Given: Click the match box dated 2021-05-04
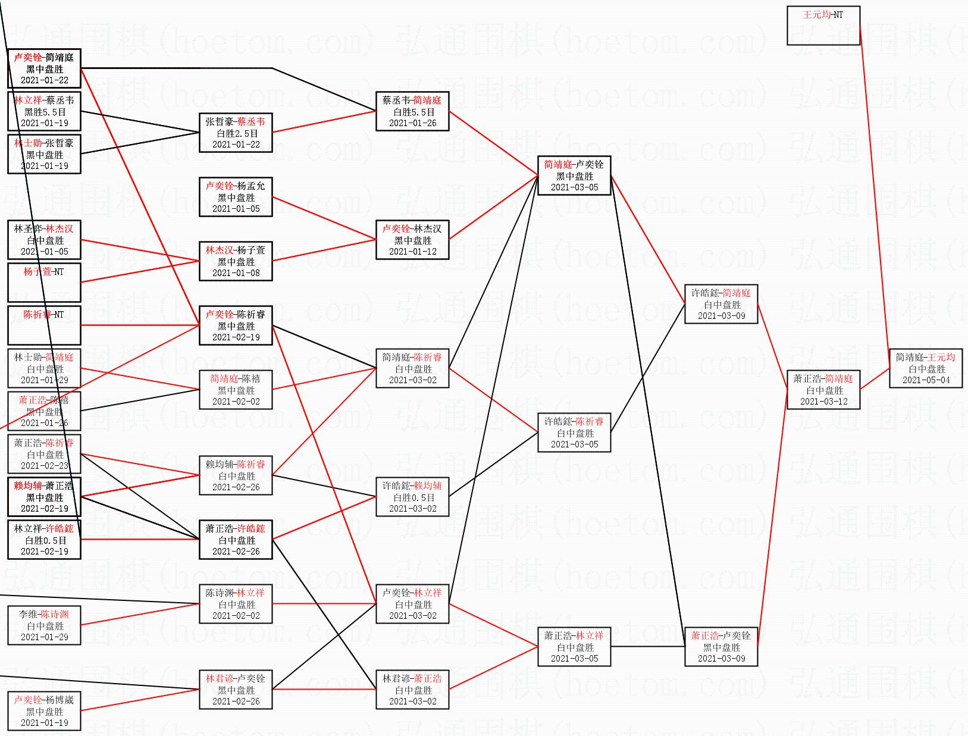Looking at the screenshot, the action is (926, 368).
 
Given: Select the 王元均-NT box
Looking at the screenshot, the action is (823, 26).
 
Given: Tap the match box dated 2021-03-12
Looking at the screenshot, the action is (823, 390).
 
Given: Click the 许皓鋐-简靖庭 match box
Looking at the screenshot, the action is (721, 304).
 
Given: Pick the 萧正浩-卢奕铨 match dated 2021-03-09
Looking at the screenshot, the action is (721, 647).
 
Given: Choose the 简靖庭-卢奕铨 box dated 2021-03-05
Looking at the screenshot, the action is (574, 176).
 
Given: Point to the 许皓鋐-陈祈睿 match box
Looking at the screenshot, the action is (574, 433).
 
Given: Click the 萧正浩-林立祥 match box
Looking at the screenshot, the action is (574, 647).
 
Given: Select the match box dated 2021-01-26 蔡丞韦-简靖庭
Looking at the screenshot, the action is (412, 111).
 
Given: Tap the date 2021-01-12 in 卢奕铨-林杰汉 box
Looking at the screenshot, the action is (412, 252).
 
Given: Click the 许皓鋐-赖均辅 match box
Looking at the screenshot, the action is (412, 497).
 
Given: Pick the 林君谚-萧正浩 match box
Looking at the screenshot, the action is (412, 690).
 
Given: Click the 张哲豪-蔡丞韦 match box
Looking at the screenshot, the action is (236, 133).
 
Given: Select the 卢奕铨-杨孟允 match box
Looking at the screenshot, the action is (236, 197).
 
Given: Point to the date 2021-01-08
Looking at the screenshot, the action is (236, 273).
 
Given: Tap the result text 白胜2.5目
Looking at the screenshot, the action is (236, 133).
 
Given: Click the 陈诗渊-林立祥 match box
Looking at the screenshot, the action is (236, 604).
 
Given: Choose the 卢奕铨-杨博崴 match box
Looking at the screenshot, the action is (44, 711).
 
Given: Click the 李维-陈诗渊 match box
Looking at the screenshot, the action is (44, 625).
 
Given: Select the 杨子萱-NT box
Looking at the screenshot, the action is (44, 283).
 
